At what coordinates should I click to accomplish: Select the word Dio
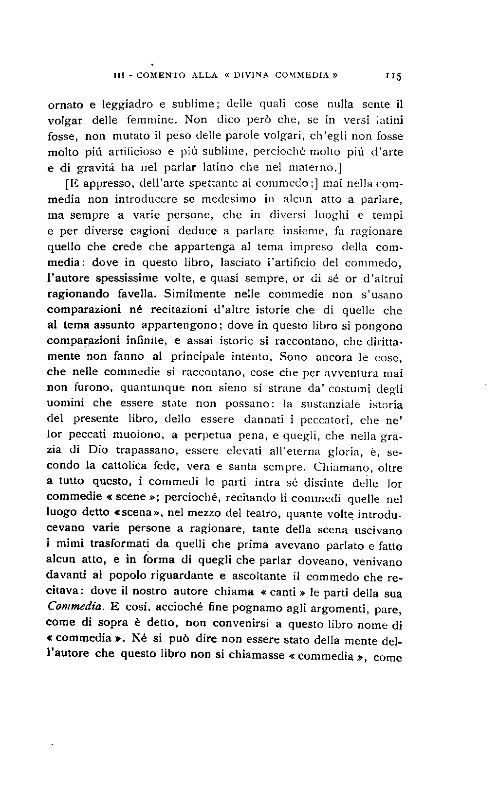click(x=99, y=451)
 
